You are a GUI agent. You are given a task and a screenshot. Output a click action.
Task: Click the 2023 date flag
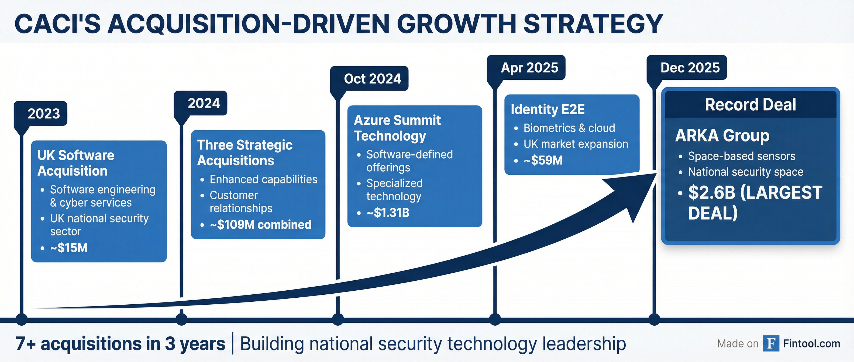click(40, 114)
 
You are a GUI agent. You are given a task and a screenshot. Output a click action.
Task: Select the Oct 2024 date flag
click(369, 78)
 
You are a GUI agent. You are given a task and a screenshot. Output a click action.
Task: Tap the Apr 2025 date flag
click(526, 68)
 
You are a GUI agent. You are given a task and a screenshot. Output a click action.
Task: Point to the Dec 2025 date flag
click(687, 68)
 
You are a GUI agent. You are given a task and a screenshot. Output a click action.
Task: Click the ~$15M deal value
click(69, 248)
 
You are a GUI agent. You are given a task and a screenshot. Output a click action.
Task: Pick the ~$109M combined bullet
click(261, 225)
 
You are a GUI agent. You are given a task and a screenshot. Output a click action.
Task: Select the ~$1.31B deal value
click(388, 213)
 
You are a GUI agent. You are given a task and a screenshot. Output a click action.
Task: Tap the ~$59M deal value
click(543, 160)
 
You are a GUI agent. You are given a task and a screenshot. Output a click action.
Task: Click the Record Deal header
click(750, 105)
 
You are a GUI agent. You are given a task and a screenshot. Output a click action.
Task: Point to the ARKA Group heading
click(722, 135)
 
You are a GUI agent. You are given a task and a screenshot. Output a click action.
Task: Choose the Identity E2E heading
click(548, 109)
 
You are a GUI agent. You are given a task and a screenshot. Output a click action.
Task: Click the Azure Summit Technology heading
click(397, 128)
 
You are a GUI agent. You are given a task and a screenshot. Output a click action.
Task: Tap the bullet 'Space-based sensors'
click(742, 156)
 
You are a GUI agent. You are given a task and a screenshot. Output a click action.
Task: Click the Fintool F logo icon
click(771, 343)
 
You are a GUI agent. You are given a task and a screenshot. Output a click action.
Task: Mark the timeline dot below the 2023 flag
click(22, 320)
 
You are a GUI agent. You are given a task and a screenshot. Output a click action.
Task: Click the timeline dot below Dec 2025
click(654, 320)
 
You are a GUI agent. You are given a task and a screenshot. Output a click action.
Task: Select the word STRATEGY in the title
click(593, 24)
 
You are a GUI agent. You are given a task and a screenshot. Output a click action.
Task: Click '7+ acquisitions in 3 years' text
click(120, 344)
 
